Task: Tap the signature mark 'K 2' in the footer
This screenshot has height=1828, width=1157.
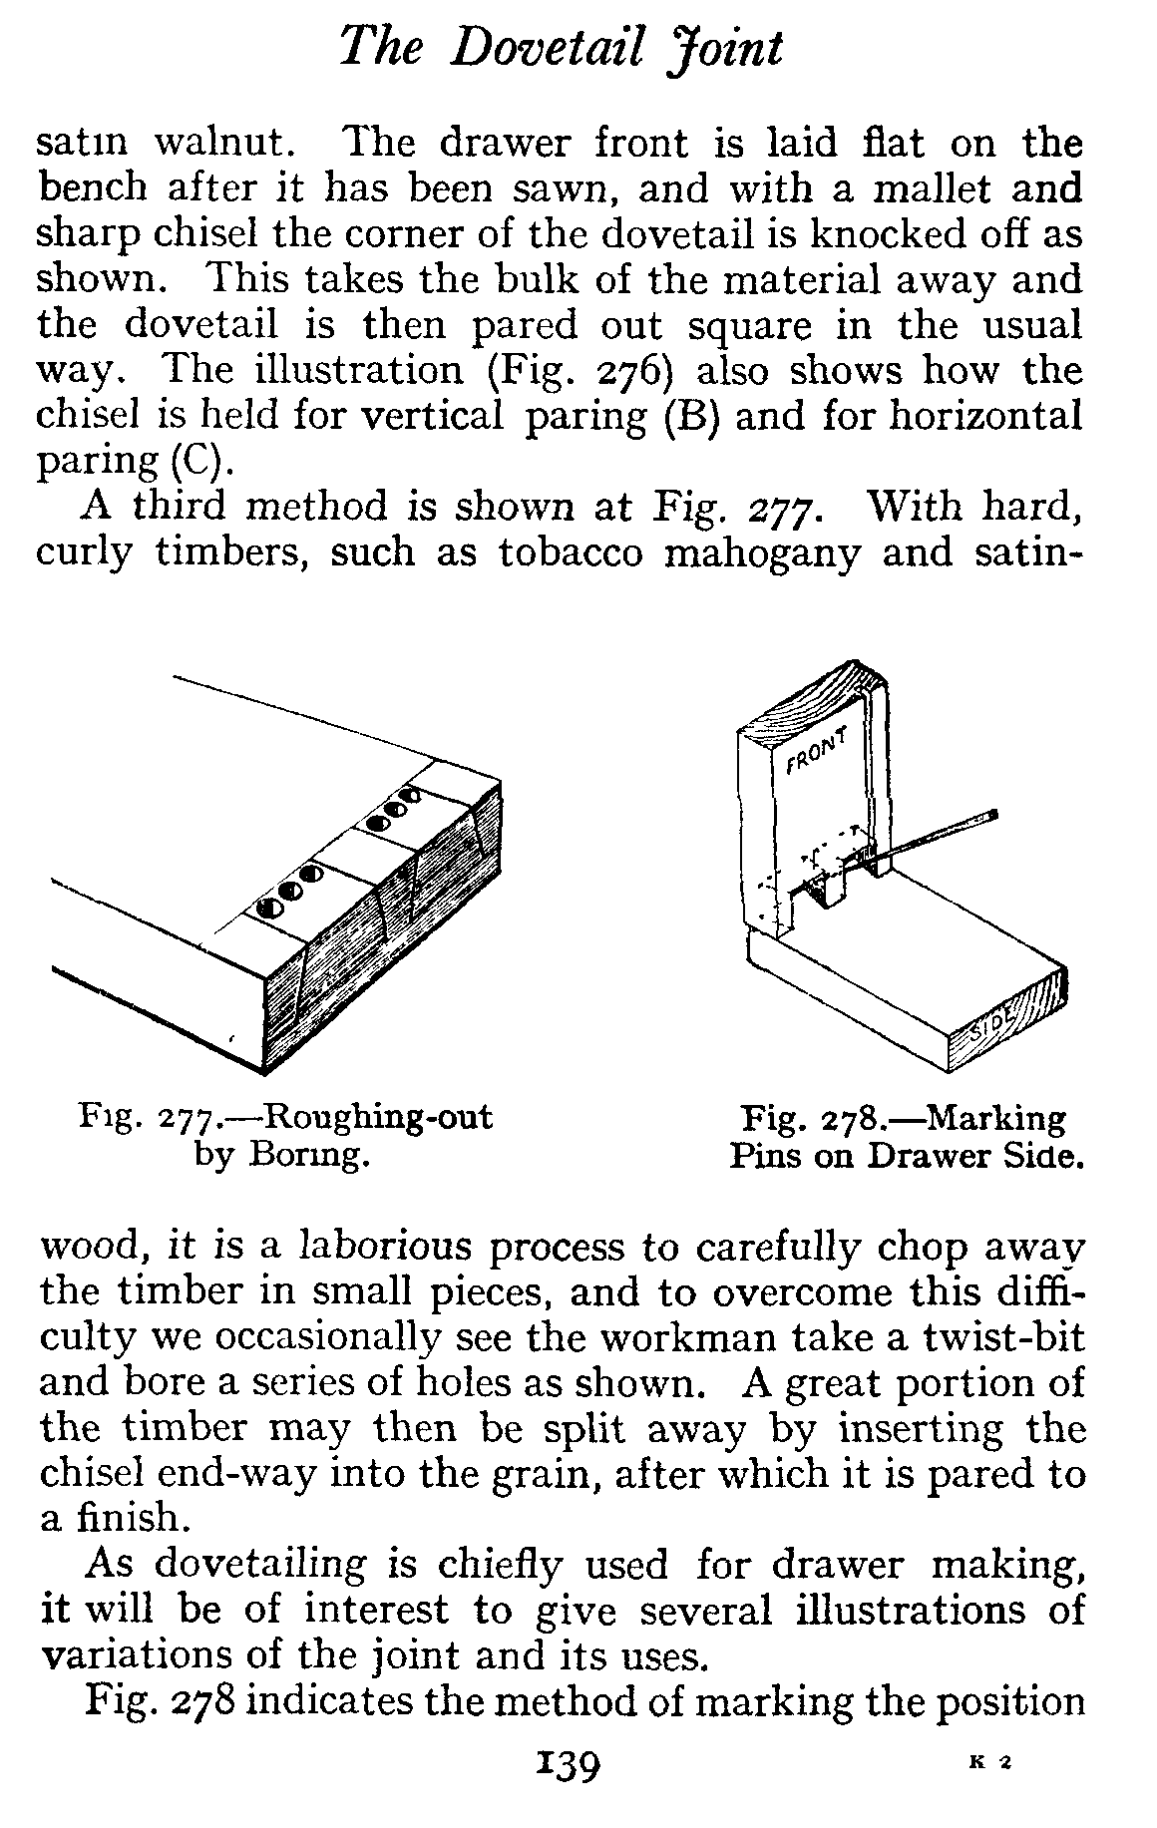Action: point(990,1762)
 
